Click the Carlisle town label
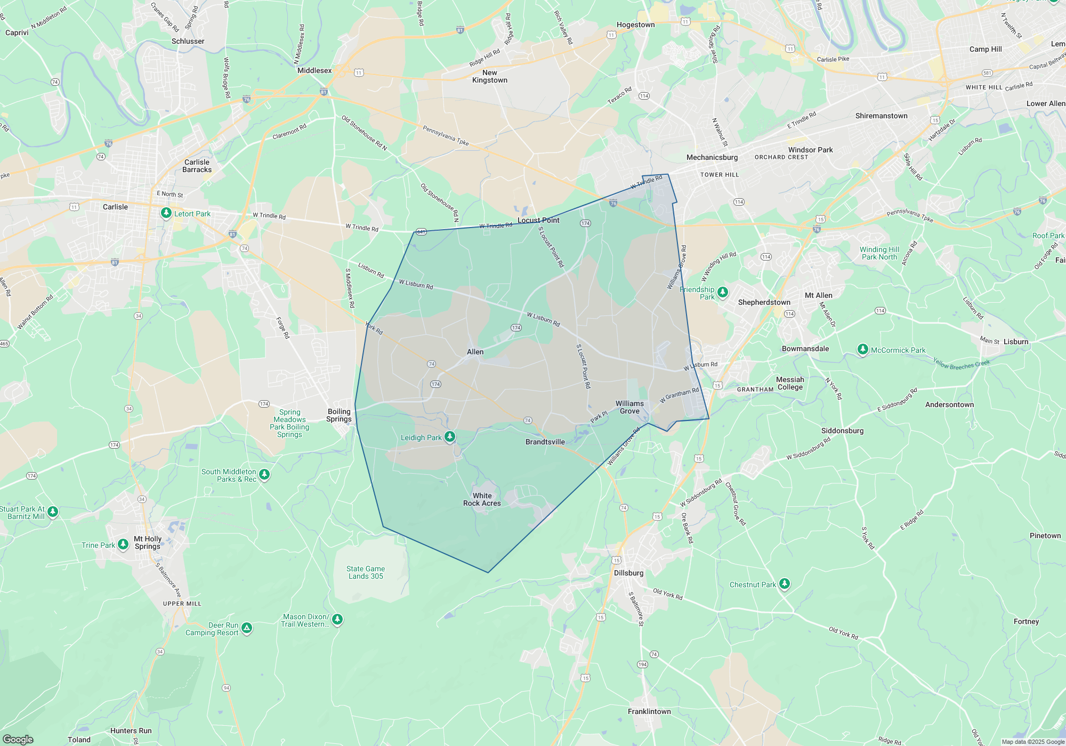[x=115, y=207]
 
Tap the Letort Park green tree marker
[x=166, y=213]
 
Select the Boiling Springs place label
[x=339, y=415]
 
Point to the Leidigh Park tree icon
[x=450, y=437]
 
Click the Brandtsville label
[x=545, y=442]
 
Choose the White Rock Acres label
[x=482, y=499]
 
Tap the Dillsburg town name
[x=628, y=573]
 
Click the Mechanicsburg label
[x=712, y=157]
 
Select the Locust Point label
[x=538, y=220]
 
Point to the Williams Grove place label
[x=629, y=407]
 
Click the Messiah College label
[x=790, y=383]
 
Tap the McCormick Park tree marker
[x=863, y=350]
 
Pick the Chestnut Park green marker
[x=784, y=584]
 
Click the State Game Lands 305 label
[x=366, y=572]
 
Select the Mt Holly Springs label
[x=148, y=542]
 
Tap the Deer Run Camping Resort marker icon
[x=246, y=628]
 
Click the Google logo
[x=18, y=739]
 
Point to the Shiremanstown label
[x=881, y=116]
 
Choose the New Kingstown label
[x=490, y=76]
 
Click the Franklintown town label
[x=649, y=711]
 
